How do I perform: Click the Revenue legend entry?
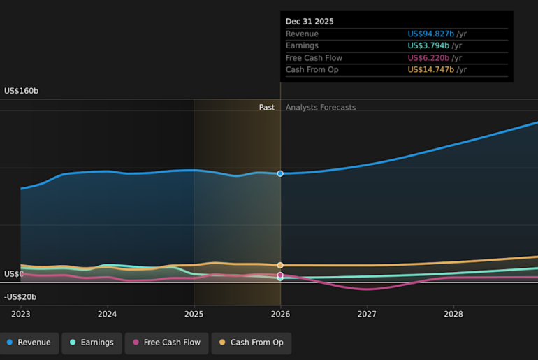pos(29,343)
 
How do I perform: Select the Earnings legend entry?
pos(92,343)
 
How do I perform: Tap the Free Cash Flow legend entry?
pos(166,343)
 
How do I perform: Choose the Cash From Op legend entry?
pos(252,343)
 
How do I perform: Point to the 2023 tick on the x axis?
pos(21,315)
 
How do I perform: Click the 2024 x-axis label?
pos(107,315)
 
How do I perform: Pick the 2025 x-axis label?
pos(194,315)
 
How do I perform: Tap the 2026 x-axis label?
pos(280,315)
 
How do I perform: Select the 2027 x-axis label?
pos(367,315)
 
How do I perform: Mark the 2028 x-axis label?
pos(453,315)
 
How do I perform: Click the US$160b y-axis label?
pos(21,91)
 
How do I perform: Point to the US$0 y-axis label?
pos(14,274)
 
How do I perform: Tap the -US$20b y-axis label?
pos(20,297)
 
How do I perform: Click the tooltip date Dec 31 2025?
pos(310,22)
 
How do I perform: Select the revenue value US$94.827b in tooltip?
pos(431,34)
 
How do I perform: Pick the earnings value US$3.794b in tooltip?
pos(428,46)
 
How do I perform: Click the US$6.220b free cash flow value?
pos(428,58)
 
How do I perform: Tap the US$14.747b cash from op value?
pos(431,70)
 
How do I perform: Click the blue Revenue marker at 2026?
pos(280,173)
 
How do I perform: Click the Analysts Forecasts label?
pos(321,108)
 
